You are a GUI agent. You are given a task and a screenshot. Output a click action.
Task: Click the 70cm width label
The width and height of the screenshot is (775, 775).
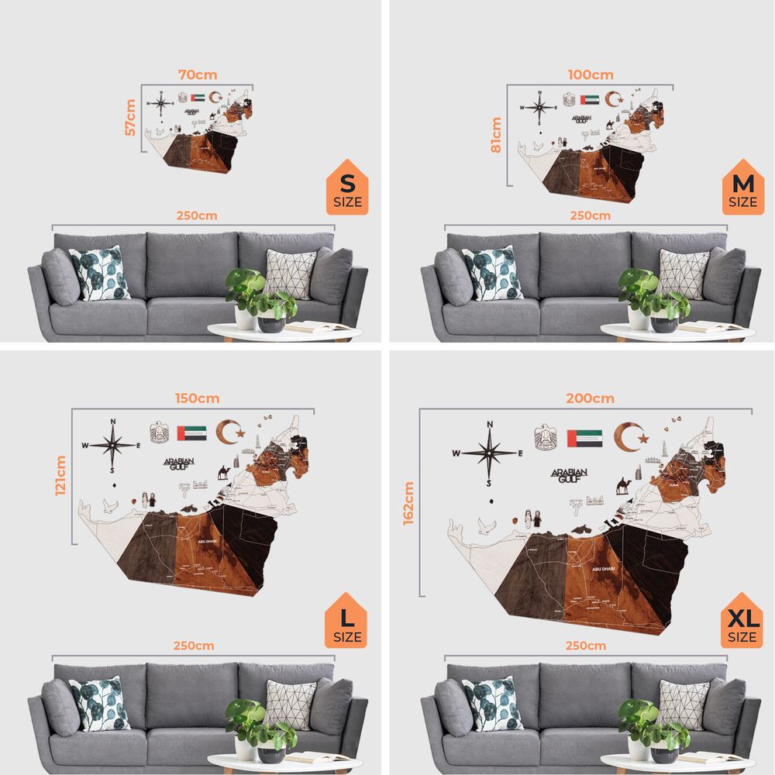coord(198,75)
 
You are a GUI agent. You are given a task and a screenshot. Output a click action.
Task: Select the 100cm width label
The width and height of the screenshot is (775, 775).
coord(591,75)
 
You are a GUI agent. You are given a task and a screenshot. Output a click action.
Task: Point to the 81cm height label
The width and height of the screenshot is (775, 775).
coord(497,135)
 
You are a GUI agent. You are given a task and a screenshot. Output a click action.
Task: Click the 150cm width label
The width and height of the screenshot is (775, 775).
coord(197,398)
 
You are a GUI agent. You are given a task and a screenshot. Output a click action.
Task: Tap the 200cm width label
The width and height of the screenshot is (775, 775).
coord(590,398)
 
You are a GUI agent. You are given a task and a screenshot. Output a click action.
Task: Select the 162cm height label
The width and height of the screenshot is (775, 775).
coord(409,503)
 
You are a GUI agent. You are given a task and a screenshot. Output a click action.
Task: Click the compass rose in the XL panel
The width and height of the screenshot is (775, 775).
coord(490,452)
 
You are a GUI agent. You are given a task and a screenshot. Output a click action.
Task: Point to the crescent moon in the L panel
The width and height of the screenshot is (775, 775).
coord(229,432)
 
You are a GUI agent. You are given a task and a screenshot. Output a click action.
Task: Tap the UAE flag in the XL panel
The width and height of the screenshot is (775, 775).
coord(585,438)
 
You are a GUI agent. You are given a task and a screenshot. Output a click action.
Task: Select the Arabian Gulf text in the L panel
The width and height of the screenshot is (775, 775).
coord(178,463)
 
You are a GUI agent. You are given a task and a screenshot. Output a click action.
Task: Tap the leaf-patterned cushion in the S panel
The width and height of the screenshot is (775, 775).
coord(100,273)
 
